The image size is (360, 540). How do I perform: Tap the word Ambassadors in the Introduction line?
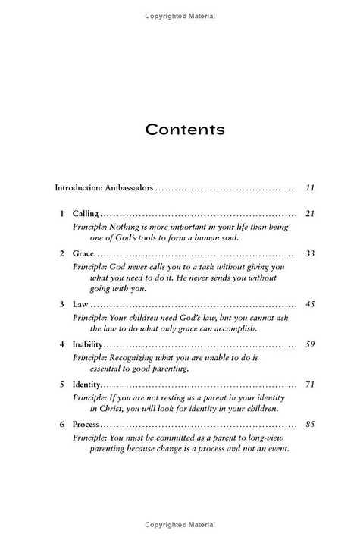click(124, 187)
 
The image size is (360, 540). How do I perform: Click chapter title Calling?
click(85, 214)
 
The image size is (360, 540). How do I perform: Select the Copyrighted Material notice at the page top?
click(179, 16)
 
